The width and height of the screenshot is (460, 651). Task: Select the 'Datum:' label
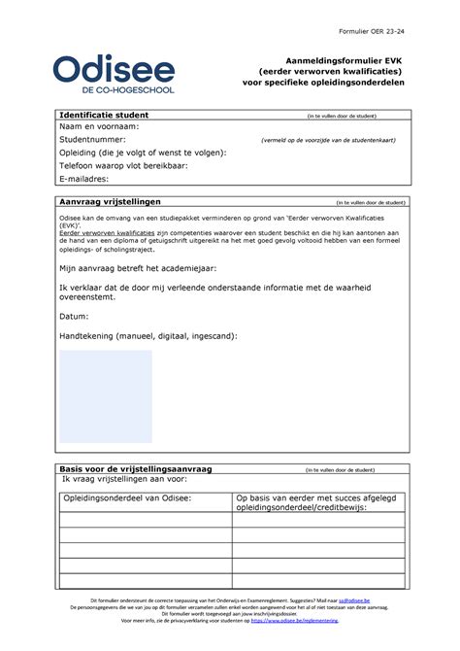click(74, 317)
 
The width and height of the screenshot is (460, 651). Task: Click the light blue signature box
click(106, 395)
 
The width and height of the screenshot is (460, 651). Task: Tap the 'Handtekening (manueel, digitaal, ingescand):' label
click(148, 335)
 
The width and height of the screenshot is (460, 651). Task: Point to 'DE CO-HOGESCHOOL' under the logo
click(115, 89)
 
